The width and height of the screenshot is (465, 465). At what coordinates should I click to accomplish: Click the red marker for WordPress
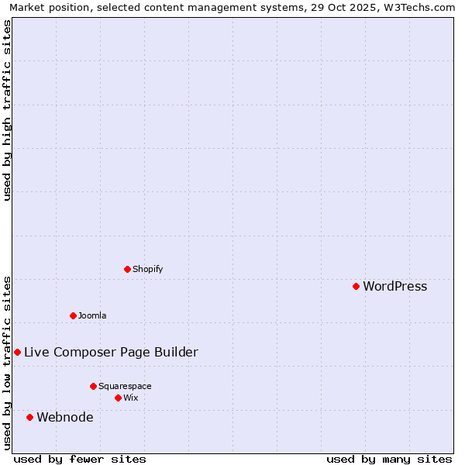356,286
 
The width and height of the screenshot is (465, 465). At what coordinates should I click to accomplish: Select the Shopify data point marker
127,269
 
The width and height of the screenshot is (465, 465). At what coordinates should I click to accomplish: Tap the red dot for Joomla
73,315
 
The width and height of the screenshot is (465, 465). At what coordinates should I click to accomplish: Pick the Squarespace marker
93,386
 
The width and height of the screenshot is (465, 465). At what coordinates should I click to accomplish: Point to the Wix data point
118,398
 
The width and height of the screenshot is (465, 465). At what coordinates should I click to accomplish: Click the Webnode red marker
29,417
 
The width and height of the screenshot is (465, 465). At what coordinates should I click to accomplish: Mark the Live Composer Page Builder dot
17,352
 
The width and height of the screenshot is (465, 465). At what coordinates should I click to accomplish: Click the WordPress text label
394,286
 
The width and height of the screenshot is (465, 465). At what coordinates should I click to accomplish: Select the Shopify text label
147,269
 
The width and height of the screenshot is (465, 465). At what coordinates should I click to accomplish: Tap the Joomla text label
92,315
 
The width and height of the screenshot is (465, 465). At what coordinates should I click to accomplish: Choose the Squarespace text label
125,386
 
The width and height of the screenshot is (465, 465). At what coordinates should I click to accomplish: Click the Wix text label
130,398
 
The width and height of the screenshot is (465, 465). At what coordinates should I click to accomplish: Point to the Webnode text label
65,417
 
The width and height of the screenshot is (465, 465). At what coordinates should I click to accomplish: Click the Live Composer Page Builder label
111,352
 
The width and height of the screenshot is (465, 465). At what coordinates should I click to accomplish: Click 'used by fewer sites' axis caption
80,459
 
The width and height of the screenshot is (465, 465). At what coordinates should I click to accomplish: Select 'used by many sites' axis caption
389,459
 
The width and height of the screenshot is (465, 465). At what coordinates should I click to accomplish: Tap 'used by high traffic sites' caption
7,110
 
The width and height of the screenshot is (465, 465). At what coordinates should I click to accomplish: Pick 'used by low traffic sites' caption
7,362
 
